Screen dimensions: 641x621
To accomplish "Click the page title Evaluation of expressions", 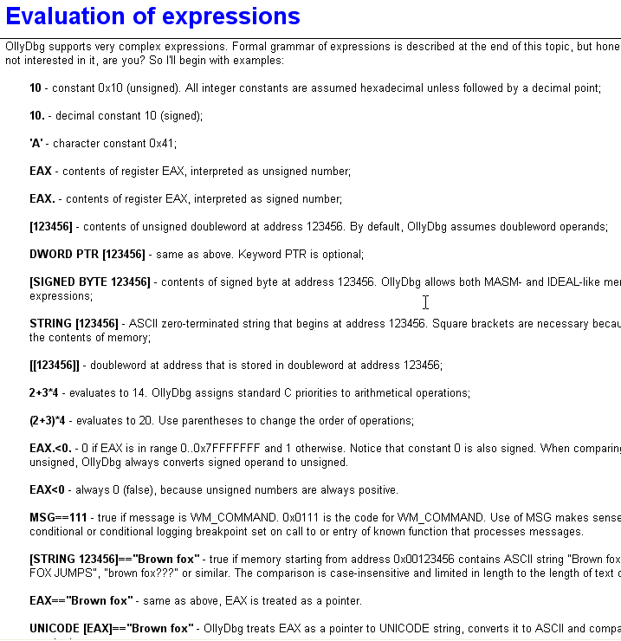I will (x=153, y=16).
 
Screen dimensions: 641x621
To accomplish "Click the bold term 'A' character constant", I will (x=36, y=144).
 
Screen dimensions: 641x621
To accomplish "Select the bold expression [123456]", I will (x=51, y=227).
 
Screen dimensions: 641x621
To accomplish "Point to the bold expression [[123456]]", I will (x=55, y=366).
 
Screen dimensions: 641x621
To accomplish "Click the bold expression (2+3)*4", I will (x=48, y=421).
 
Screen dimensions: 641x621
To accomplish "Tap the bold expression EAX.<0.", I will (x=50, y=449).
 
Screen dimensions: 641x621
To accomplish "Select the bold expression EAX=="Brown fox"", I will (x=81, y=601).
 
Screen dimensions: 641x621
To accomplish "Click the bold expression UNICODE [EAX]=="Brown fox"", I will (x=110, y=629).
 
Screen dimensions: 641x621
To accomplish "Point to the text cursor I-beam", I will (x=425, y=301).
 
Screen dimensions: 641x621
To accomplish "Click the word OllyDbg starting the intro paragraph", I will (x=26, y=46).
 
